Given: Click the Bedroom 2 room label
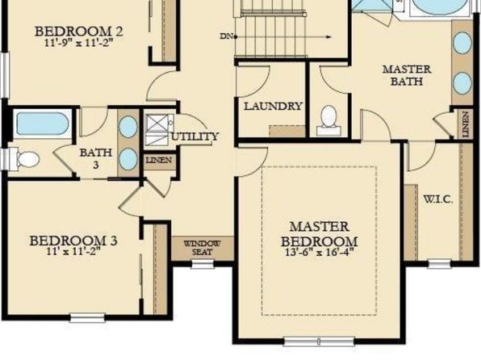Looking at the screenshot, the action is click(x=79, y=31).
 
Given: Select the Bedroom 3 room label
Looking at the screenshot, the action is click(x=73, y=241).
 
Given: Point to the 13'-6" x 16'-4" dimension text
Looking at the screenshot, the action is click(x=320, y=253).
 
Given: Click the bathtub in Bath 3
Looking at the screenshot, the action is click(x=42, y=123).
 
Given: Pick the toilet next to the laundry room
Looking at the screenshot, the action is click(x=328, y=120).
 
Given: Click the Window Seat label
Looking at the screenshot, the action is click(x=202, y=249).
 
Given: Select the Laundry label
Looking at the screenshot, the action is click(x=273, y=107).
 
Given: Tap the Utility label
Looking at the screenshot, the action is click(x=194, y=136).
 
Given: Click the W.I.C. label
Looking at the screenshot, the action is click(x=438, y=199).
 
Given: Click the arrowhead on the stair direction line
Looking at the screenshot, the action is click(x=328, y=37).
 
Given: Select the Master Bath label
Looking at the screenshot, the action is click(x=407, y=75).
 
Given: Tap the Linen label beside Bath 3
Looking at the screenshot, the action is click(x=159, y=160).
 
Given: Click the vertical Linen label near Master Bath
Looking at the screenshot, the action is click(x=466, y=124).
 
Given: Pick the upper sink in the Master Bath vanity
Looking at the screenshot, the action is click(x=462, y=43).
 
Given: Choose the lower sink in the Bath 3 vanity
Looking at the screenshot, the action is click(x=128, y=159).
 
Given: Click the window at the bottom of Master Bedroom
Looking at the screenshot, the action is click(x=319, y=341).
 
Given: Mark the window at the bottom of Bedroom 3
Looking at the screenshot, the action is click(x=87, y=318).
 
